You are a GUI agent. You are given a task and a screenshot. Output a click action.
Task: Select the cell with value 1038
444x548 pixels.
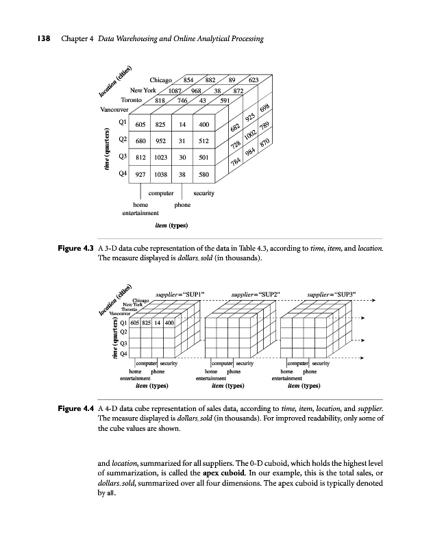point(162,174)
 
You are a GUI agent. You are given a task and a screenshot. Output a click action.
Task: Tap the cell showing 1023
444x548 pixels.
point(162,158)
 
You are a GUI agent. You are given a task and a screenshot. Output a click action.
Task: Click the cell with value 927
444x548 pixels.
point(140,174)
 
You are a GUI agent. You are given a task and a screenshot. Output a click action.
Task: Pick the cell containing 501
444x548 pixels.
point(203,158)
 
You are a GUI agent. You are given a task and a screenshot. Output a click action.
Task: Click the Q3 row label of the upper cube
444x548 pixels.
point(123,157)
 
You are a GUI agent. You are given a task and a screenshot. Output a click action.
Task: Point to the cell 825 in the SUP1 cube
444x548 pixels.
point(155,322)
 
